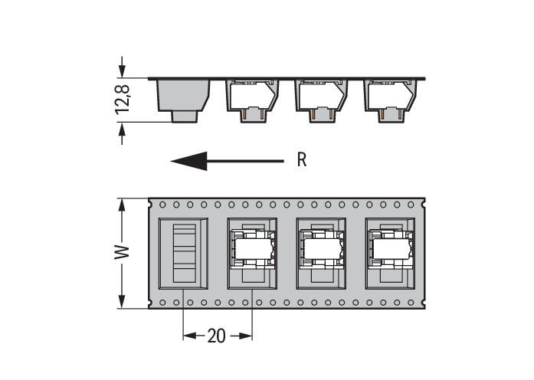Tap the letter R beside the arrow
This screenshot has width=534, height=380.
[302, 161]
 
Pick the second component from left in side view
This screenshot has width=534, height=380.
[252, 97]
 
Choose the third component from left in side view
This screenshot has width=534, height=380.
[322, 97]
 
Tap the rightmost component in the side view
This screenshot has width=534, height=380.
[391, 97]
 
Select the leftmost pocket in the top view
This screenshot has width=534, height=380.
[183, 253]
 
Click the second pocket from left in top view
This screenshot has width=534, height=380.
[253, 253]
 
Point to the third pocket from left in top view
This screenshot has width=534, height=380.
[321, 253]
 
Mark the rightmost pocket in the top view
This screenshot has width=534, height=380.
[390, 253]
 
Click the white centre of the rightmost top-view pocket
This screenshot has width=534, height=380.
[390, 249]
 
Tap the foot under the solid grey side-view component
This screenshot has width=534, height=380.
[184, 116]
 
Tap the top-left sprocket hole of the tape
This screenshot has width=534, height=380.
[162, 205]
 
